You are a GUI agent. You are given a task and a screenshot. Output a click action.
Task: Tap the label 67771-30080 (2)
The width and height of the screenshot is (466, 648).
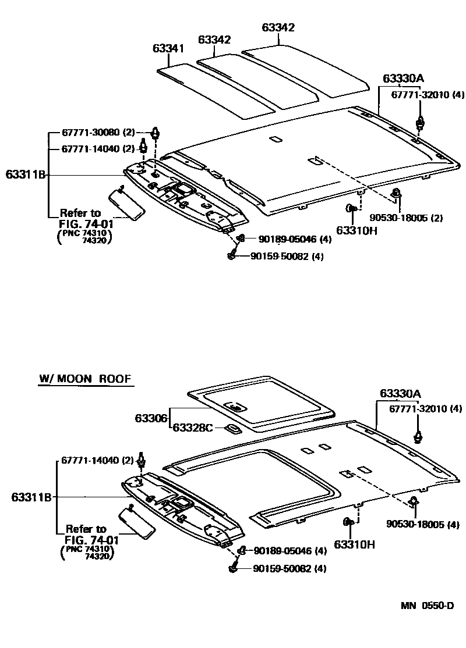[x=98, y=133]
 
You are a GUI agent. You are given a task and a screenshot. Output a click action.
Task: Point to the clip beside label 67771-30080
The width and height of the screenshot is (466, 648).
[x=156, y=133]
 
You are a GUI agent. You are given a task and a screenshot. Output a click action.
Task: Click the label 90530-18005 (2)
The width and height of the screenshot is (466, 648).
[x=407, y=218]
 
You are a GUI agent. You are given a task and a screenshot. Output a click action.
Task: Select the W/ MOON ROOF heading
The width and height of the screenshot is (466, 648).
[x=86, y=379]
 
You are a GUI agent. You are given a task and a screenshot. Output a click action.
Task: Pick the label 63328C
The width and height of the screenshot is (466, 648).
[x=192, y=428]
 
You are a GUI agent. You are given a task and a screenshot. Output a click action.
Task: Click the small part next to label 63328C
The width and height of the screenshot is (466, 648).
[x=234, y=429]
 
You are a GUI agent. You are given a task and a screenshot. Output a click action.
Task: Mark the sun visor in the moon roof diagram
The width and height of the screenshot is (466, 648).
[x=137, y=522]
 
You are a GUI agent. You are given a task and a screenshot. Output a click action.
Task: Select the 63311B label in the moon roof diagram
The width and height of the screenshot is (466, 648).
[x=31, y=497]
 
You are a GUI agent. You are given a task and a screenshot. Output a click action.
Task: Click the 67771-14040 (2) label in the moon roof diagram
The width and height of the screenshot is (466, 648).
[x=97, y=460]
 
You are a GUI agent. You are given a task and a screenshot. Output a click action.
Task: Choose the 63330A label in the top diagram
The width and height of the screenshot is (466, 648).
[x=403, y=79]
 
